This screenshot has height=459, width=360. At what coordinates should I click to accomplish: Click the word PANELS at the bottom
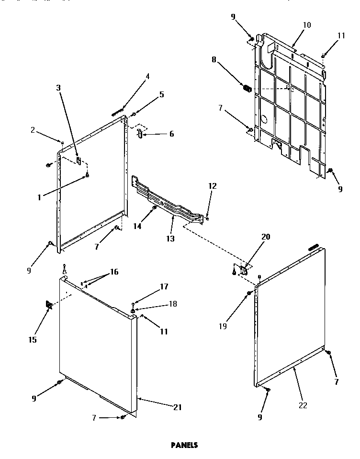pos(184,445)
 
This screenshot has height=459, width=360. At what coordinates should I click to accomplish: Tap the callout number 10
pos(307,24)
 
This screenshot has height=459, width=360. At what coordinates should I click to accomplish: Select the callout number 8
pos(214,59)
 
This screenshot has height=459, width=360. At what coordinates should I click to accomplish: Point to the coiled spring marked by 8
pos(247,89)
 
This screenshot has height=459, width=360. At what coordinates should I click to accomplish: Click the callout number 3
pos(58,88)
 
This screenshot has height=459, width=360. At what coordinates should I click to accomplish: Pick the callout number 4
pos(147,76)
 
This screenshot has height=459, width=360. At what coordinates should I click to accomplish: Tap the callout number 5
pos(162,94)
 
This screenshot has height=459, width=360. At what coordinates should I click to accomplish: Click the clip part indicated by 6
pos(139,134)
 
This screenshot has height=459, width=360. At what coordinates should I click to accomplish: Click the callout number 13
pos(170,238)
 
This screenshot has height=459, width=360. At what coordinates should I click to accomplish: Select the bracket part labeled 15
pos(48,305)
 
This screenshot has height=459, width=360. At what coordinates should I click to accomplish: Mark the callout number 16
pos(114,272)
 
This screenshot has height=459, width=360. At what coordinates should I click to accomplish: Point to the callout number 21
pos(178,407)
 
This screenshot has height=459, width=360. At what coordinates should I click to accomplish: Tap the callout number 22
pos(302,405)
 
